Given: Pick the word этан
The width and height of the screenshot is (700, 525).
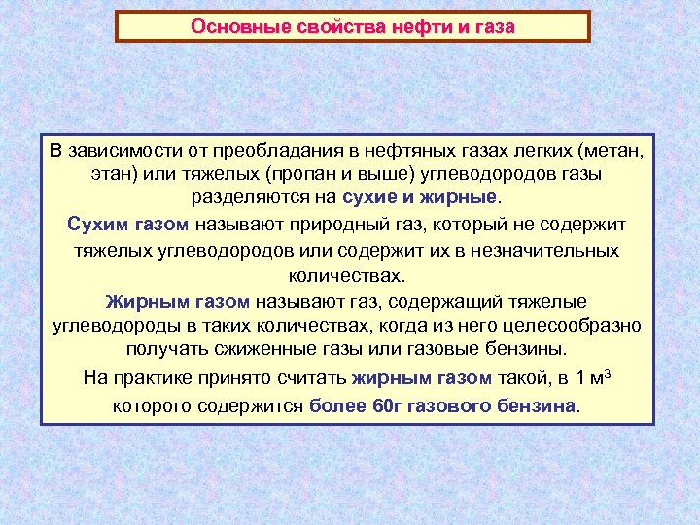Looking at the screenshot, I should pos(111,175).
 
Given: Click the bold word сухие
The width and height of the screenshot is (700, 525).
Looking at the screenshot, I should pos(371,199).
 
